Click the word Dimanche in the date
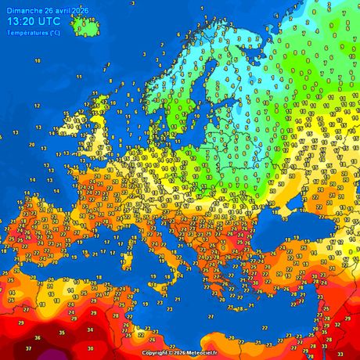(x=21, y=9)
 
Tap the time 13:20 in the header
(x=23, y=21)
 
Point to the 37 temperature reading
(x=29, y=347)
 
